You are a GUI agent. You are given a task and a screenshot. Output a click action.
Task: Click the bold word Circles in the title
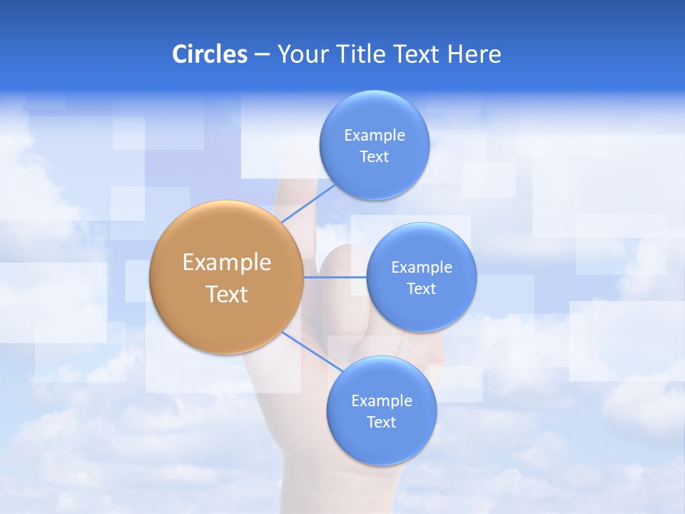pos(209,54)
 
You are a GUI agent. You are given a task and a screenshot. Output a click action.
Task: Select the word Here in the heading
pos(474,54)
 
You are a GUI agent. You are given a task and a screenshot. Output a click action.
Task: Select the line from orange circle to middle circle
pos(335,277)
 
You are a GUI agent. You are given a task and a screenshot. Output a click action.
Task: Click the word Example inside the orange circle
pos(227,263)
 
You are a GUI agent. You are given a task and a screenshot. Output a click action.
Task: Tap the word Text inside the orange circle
pos(227,294)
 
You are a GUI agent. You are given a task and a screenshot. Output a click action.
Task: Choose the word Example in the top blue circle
pos(375,136)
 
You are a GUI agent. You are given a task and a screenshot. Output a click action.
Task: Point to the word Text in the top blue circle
pos(374,157)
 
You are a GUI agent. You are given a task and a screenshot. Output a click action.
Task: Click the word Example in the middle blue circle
pos(422,268)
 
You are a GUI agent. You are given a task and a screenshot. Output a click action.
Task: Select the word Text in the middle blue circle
pos(421,289)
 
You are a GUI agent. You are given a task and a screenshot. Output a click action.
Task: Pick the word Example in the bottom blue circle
pos(382,401)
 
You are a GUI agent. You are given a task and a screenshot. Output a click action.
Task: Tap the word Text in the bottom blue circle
pos(381,423)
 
